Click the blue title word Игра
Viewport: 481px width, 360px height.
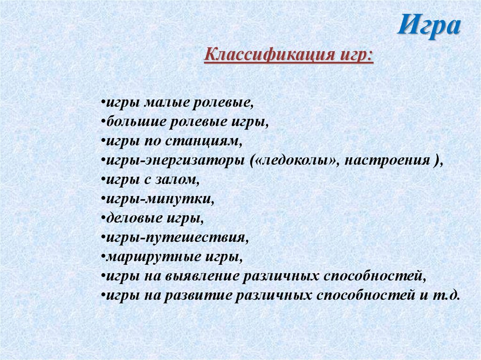tap(428, 26)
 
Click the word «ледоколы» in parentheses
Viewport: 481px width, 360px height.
tap(295, 160)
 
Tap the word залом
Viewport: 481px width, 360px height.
tap(180, 179)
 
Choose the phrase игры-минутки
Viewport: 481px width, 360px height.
tap(157, 199)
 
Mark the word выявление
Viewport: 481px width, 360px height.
tap(203, 276)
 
